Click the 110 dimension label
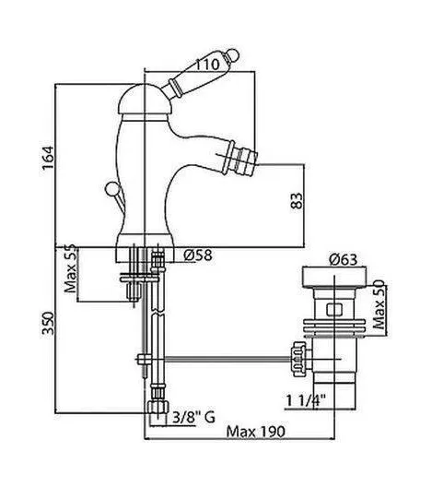pos(207,65)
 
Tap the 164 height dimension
pos(48,158)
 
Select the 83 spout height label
pos(297,201)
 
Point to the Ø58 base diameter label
pos(198,255)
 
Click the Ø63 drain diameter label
pos(343,260)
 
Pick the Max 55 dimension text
pos(70,269)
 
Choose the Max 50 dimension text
pos(379,305)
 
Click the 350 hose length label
pos(48,324)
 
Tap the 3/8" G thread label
pos(193,417)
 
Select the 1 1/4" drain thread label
pos(305,400)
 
